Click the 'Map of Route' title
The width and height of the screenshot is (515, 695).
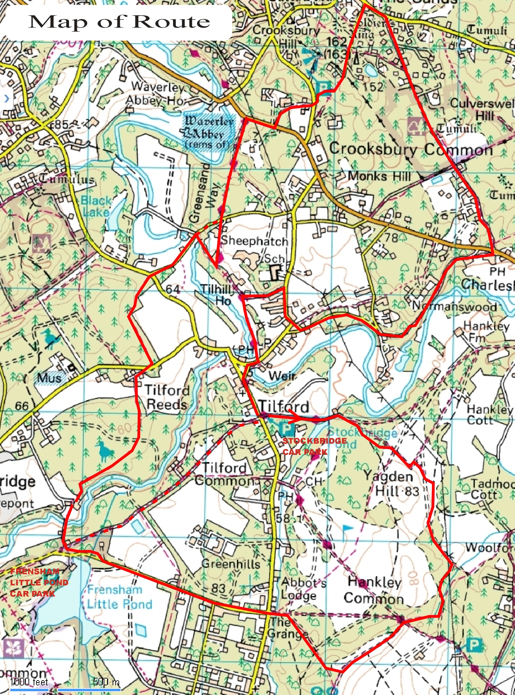pos(119,22)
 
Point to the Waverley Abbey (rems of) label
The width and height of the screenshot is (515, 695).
pos(209,133)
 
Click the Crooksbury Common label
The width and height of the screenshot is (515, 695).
pos(411,149)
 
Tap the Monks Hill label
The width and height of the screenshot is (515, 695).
pos(379,176)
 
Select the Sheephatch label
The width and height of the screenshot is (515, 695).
pos(254,241)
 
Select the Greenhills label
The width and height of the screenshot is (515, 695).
pos(230,564)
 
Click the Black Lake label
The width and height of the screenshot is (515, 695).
pos(96,206)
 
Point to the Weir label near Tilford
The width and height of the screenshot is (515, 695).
pos(282,375)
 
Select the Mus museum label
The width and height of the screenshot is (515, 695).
pos(49,378)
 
